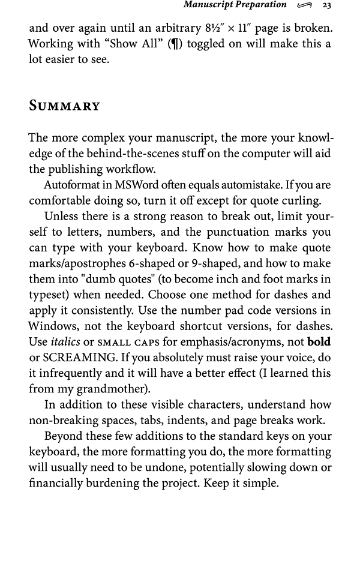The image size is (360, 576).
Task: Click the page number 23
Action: click(x=327, y=5)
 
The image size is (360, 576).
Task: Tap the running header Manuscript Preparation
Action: click(x=235, y=5)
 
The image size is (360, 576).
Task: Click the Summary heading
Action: click(x=64, y=107)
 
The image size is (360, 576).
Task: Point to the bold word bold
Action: click(x=319, y=342)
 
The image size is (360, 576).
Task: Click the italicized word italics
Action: click(x=65, y=342)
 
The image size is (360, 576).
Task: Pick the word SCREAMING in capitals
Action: click(x=73, y=358)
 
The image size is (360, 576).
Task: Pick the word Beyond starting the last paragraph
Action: click(x=65, y=436)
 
